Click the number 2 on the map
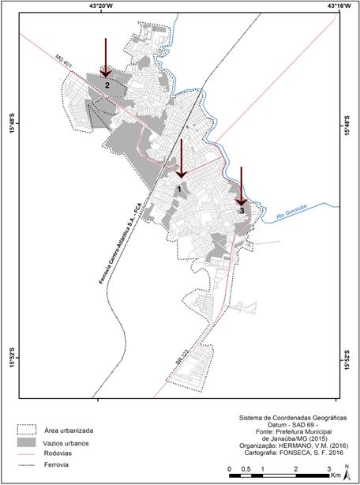(106, 85)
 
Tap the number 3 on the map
(241, 210)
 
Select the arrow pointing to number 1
(181, 159)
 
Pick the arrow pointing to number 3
(241, 186)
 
